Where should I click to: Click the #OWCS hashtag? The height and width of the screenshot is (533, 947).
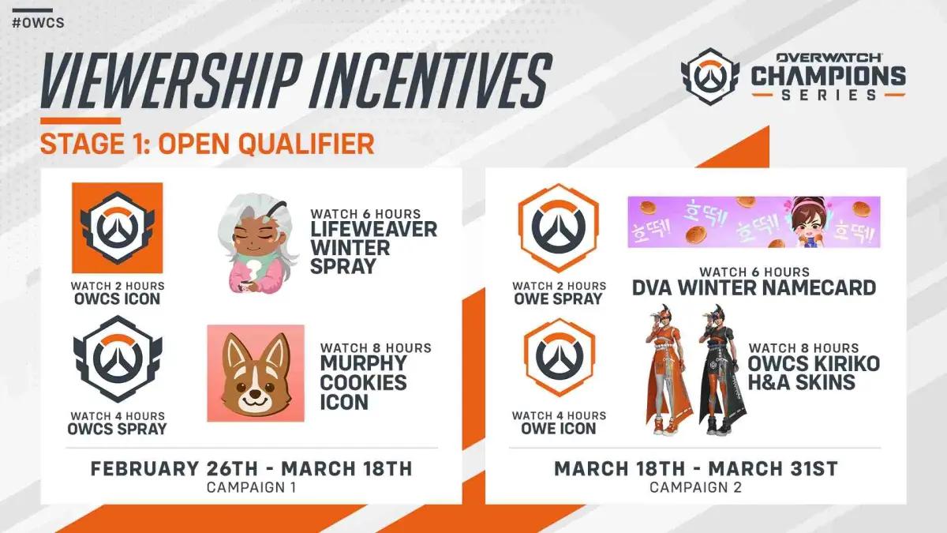click(38, 23)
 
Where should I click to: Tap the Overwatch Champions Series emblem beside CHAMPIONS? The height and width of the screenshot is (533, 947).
click(709, 77)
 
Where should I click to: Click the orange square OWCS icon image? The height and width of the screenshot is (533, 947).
click(117, 228)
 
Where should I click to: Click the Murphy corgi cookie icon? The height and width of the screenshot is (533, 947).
click(256, 373)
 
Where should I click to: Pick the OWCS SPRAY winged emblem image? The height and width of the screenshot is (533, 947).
click(118, 358)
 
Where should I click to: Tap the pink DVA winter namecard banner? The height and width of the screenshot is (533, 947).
click(754, 222)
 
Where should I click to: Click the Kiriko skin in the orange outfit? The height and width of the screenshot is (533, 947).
click(667, 370)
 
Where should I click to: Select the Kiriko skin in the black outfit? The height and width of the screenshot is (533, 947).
click(721, 370)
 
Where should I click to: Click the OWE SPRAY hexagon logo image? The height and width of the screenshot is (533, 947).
click(559, 228)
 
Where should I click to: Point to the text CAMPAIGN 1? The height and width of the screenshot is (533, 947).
click(251, 487)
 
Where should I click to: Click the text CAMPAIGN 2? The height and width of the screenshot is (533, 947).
click(695, 487)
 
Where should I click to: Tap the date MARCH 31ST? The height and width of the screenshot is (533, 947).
click(773, 469)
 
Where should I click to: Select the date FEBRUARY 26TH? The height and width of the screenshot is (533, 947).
click(174, 469)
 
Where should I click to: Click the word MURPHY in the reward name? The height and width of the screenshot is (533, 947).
click(363, 363)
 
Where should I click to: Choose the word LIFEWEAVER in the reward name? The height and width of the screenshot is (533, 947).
click(374, 229)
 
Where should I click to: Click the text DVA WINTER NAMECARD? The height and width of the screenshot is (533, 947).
click(754, 287)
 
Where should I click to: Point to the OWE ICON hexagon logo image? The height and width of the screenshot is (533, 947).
click(559, 358)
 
